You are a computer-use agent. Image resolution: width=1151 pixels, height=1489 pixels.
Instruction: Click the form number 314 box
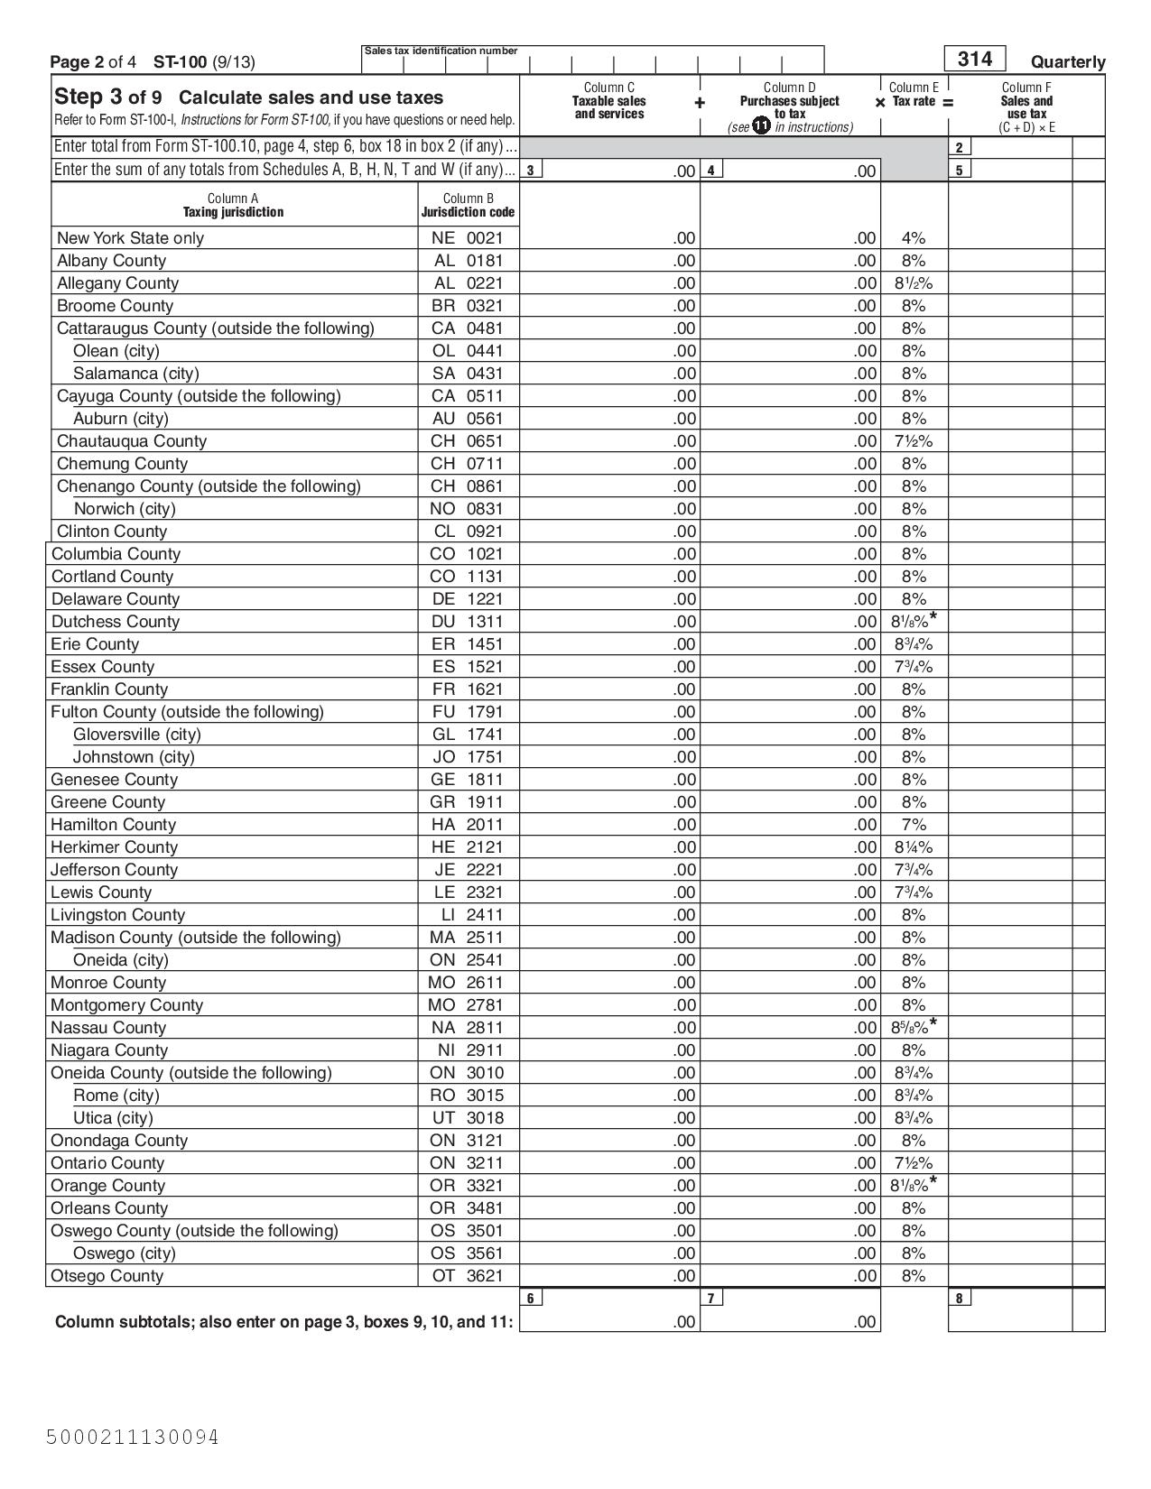(974, 60)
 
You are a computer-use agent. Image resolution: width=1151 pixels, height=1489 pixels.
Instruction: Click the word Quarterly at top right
(1067, 62)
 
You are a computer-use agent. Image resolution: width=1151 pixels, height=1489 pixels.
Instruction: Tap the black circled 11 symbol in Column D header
(761, 126)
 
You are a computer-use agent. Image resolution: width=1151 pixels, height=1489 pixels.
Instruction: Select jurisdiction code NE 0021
(467, 238)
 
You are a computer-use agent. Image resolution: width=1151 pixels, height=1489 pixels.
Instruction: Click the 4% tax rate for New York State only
(913, 238)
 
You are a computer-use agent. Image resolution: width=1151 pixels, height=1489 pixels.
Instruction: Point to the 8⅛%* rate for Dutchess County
(913, 621)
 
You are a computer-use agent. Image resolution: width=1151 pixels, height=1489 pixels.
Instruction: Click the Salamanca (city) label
(135, 374)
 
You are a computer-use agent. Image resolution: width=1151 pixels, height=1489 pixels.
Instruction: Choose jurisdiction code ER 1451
(467, 644)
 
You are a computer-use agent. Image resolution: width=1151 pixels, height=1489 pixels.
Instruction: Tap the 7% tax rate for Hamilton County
(913, 825)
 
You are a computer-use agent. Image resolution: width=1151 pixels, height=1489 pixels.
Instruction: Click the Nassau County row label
(108, 1028)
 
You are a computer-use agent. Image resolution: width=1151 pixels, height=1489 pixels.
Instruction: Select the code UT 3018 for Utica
(467, 1118)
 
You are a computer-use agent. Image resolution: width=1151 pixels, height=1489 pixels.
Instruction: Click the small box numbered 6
(531, 1299)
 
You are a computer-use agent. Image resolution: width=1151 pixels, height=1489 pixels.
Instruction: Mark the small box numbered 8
(960, 1299)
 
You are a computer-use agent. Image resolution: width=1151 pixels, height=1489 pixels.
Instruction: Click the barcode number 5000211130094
(133, 1437)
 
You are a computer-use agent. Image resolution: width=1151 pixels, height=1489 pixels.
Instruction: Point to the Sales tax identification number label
(441, 51)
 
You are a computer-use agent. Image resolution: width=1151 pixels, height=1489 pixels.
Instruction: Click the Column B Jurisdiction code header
(468, 206)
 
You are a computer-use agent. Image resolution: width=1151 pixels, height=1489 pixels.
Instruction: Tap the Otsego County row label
(107, 1276)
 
